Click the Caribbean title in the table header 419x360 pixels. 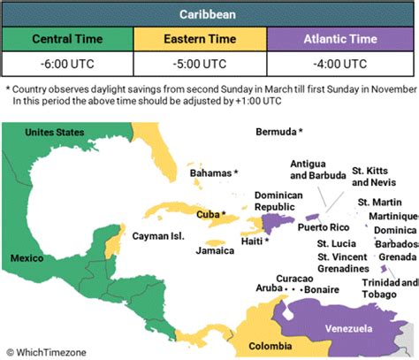click(209, 15)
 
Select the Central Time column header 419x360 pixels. click(67, 40)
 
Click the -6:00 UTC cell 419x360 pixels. click(67, 65)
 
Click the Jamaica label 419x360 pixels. click(216, 250)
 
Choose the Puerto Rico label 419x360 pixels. click(316, 226)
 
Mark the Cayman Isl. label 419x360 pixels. click(156, 236)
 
